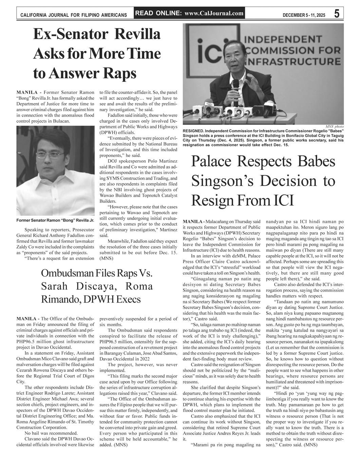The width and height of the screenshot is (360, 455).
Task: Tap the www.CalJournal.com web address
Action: [214, 14]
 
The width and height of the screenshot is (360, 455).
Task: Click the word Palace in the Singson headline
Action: [215, 161]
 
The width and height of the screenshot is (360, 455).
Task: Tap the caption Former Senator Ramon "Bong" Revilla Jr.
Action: [55, 220]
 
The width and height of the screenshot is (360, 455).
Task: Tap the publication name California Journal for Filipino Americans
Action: [74, 15]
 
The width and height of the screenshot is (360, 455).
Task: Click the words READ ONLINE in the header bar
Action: [158, 14]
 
